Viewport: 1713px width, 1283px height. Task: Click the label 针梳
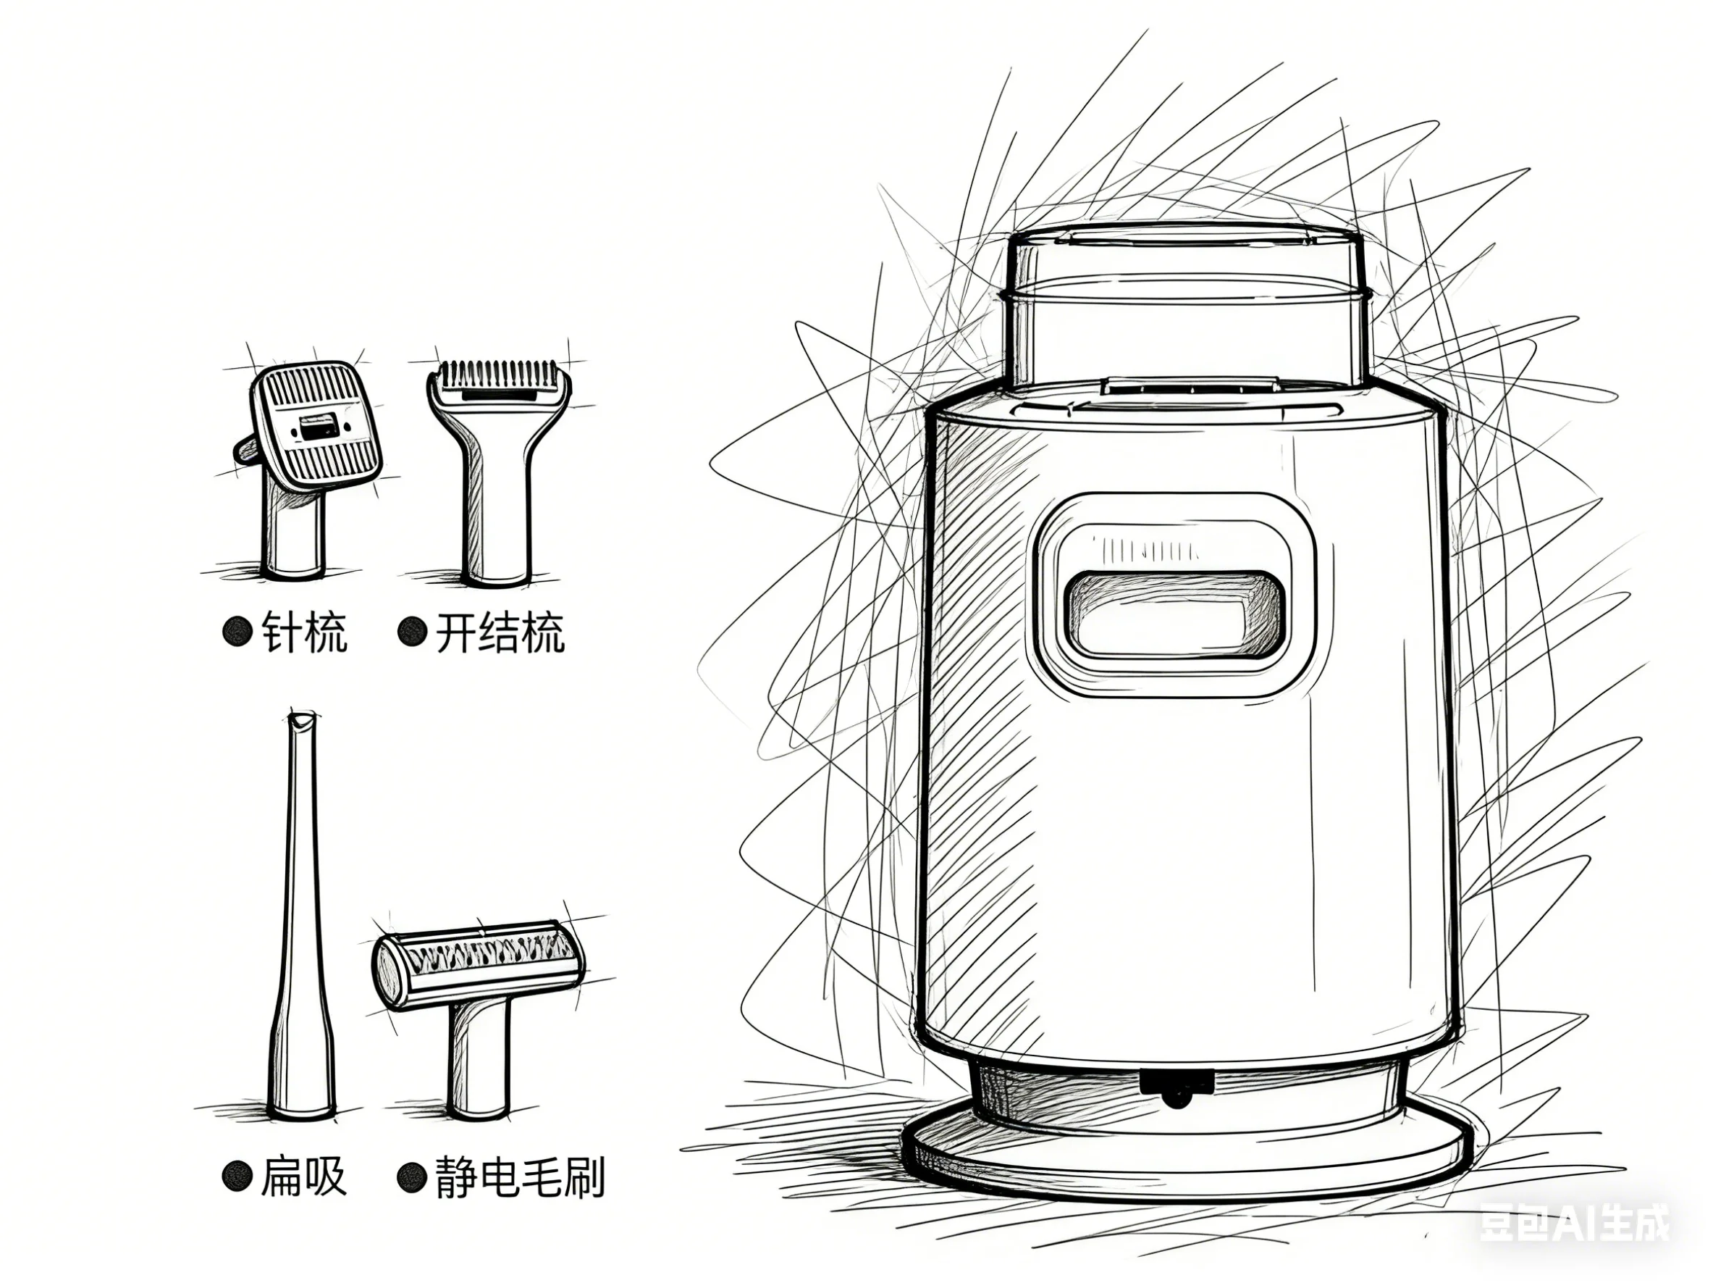coord(303,633)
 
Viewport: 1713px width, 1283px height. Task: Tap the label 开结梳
coord(500,633)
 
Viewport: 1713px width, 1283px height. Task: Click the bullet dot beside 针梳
coord(237,633)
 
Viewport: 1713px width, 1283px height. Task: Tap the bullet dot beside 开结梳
coord(412,633)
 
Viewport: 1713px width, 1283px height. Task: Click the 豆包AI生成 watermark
coord(1575,1225)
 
